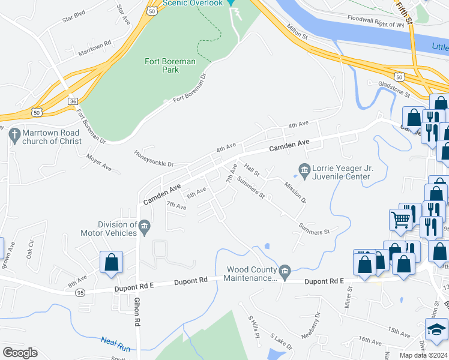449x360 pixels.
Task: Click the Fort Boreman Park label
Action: pos(161,65)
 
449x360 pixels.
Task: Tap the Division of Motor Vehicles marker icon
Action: pos(144,227)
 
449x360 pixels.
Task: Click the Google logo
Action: pos(20,353)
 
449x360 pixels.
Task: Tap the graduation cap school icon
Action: pos(436,329)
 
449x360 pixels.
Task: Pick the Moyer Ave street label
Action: pos(99,160)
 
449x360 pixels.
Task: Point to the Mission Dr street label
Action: pos(295,192)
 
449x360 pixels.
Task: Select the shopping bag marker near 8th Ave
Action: pos(111,262)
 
